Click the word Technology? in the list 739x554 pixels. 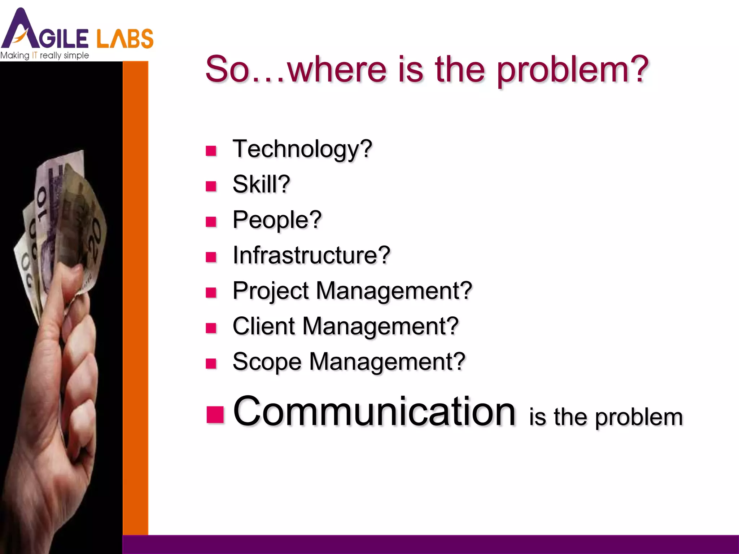click(302, 149)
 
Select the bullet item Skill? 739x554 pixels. click(261, 184)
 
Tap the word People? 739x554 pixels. click(277, 220)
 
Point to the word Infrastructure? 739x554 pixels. click(311, 255)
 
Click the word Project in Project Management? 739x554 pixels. click(271, 291)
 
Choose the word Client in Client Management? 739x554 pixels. click(264, 326)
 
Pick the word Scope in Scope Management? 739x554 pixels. click(267, 362)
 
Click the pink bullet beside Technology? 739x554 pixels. click(211, 151)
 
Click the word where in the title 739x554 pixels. click(337, 69)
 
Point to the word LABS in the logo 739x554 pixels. click(125, 39)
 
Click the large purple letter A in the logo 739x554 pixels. click(20, 31)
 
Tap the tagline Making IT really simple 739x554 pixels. click(44, 56)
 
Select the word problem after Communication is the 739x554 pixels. click(639, 417)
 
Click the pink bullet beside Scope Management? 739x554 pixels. click(211, 364)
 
